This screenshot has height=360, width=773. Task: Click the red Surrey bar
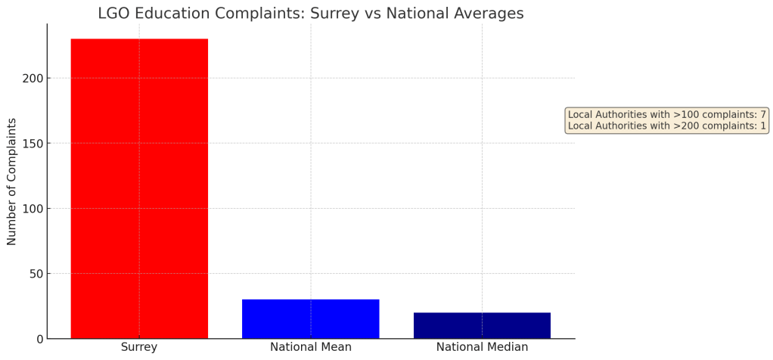tap(139, 188)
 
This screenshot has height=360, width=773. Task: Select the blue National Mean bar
tap(310, 318)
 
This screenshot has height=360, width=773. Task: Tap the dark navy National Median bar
tap(482, 325)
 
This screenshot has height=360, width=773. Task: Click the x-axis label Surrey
tap(139, 347)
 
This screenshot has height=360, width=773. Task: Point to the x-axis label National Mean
tap(310, 347)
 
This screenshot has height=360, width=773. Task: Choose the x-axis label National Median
tap(482, 347)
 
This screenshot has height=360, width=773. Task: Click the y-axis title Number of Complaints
tap(12, 182)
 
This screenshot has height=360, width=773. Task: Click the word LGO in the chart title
tap(114, 14)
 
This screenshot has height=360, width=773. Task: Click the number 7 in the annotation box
tap(763, 114)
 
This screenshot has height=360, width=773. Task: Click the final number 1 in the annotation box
tap(763, 126)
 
